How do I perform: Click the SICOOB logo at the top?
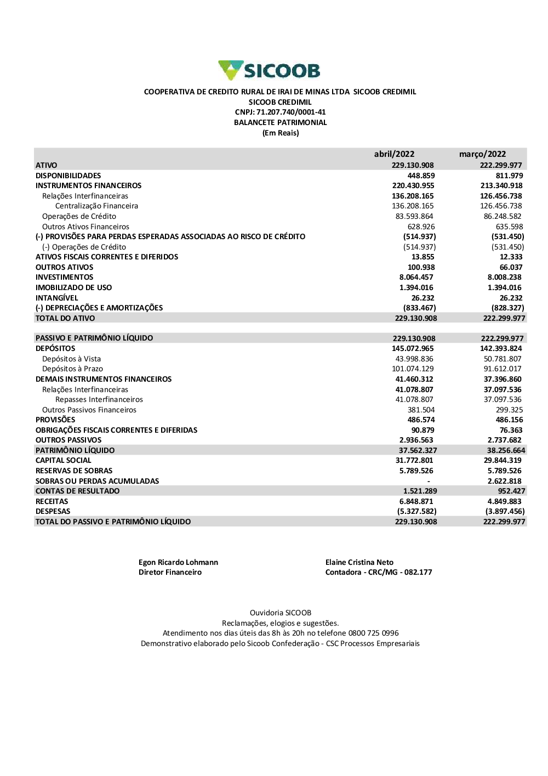coord(269,71)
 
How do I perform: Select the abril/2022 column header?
coord(394,154)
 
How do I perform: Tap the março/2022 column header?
coord(482,154)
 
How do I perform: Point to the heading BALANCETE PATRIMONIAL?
coord(280,123)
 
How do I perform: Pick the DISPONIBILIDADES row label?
coord(68,175)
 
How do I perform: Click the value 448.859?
coord(421,175)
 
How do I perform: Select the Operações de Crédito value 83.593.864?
coord(414,216)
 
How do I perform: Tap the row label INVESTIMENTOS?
coord(64,277)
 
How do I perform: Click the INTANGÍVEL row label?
coord(56,298)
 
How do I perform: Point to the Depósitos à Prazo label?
coord(72,369)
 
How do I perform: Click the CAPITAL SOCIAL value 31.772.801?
coord(414,461)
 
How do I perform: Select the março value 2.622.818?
coord(504,481)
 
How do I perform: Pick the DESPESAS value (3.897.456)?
coord(505,511)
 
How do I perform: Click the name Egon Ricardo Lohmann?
coord(178,562)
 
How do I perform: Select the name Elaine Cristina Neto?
coord(359,562)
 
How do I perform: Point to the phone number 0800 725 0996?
coord(373,633)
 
